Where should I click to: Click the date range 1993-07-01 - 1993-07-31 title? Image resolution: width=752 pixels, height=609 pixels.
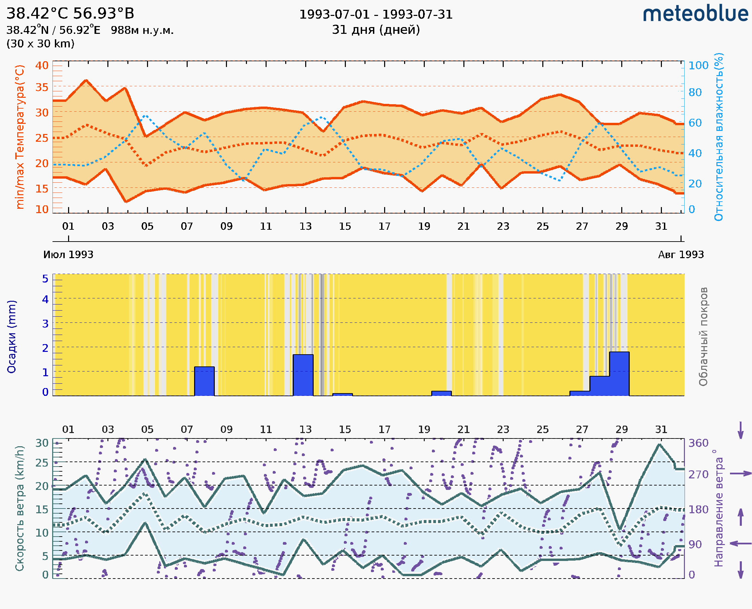tap(376, 15)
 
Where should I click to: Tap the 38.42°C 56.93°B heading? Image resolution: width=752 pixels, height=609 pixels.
tap(70, 14)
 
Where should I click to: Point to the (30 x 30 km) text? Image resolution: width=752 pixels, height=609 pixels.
tap(40, 44)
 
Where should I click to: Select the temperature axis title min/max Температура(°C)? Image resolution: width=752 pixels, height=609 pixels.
tap(20, 136)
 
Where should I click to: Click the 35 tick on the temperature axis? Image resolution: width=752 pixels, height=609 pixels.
tap(42, 87)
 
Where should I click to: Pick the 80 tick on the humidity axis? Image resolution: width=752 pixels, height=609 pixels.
tap(695, 92)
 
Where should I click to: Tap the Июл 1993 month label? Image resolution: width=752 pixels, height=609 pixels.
tap(68, 254)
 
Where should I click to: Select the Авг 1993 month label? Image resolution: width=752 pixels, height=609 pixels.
tap(681, 254)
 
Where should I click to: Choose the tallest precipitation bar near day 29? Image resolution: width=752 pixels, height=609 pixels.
tap(619, 374)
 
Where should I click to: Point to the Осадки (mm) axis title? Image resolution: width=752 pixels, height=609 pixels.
tap(12, 336)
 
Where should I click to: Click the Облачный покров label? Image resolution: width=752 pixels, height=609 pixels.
tap(703, 336)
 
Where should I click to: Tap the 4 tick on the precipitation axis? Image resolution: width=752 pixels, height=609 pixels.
tap(45, 299)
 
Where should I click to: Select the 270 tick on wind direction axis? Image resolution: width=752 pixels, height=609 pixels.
tap(698, 474)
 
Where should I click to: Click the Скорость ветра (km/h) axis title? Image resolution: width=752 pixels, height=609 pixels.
tap(20, 508)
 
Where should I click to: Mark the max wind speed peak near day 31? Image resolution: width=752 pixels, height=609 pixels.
tap(660, 445)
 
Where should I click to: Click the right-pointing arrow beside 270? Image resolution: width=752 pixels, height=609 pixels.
tap(740, 474)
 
